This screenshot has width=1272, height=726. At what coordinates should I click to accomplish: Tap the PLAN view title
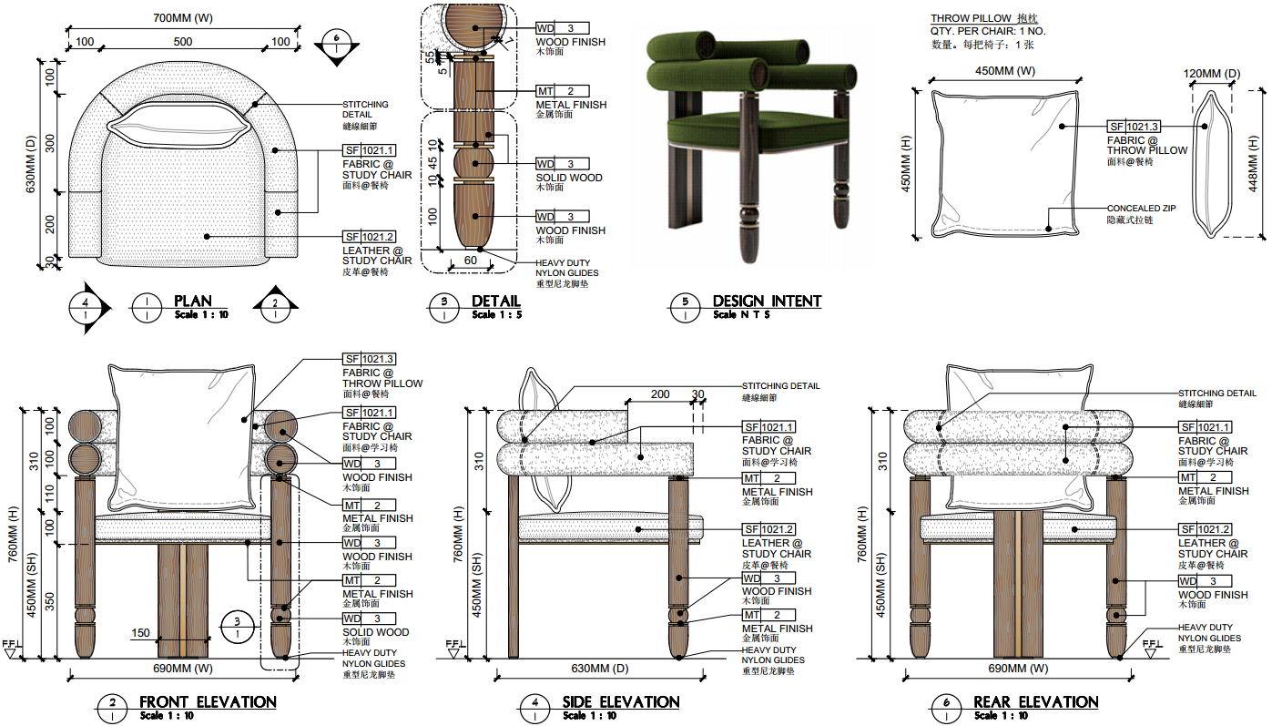192,302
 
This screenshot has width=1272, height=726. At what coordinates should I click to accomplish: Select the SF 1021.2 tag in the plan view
369,237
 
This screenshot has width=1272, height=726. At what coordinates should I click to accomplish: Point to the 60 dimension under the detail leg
470,261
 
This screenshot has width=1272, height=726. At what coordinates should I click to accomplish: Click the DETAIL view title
495,302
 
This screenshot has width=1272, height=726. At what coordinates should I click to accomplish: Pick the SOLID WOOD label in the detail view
568,178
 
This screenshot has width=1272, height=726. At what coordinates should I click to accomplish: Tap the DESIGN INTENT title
767,302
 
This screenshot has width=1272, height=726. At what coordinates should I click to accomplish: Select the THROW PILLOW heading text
971,18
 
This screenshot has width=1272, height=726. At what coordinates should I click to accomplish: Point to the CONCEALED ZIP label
1140,209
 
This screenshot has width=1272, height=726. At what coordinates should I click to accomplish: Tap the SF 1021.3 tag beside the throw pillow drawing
1134,127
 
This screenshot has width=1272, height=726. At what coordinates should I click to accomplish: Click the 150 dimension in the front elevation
140,633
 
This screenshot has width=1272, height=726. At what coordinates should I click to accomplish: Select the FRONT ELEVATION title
208,702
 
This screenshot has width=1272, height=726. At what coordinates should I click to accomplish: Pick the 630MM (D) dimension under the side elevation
598,669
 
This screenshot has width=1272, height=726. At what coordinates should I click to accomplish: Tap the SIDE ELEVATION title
622,702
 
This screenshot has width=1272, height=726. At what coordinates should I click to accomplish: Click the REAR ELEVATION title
1035,702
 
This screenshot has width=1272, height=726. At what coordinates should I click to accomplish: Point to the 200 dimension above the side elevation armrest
659,394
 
